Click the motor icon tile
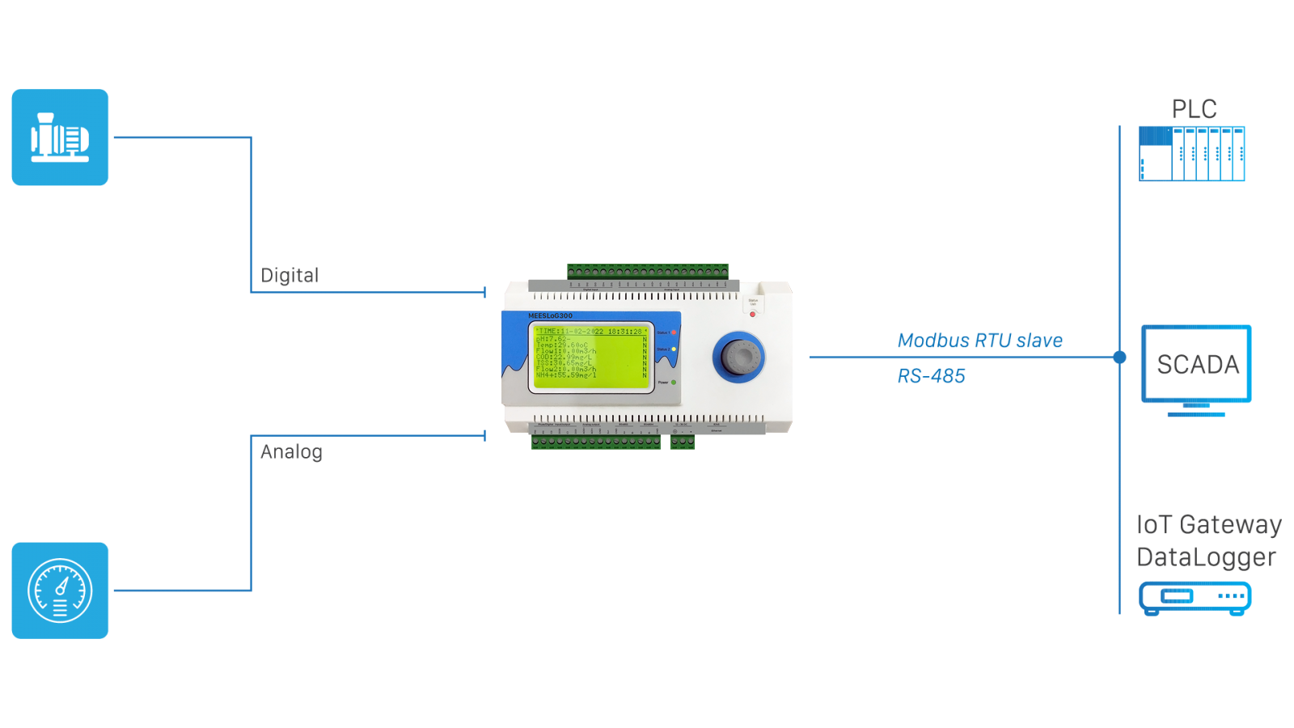pos(60,138)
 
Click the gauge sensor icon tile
pos(60,590)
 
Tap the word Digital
pos(290,276)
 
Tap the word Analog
pos(291,451)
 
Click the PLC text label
pos(1194,109)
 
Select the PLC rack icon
pos(1191,154)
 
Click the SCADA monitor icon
pos(1196,369)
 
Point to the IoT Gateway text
pos(1208,524)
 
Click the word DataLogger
pos(1206,557)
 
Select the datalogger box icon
pos(1195,598)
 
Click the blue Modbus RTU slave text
pos(980,341)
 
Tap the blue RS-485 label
pos(931,376)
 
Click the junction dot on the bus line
pos(1119,357)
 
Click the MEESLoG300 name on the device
pos(550,315)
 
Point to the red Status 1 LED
pos(674,332)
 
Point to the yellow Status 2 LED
pos(674,349)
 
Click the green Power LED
pos(674,382)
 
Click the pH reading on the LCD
pos(552,338)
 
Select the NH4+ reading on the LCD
pos(565,375)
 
